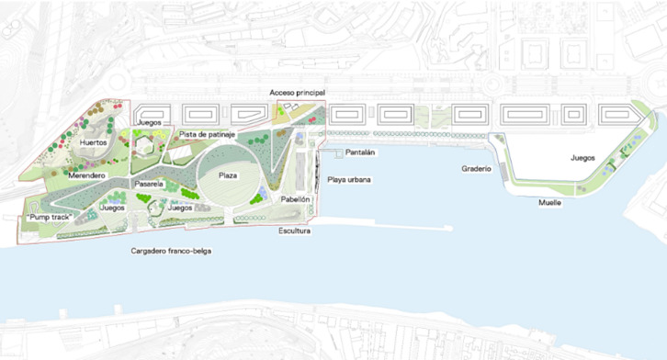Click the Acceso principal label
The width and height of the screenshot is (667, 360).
pyautogui.click(x=297, y=93)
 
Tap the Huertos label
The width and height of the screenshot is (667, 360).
pyautogui.click(x=93, y=143)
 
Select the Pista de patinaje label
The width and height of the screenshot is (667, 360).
pyautogui.click(x=208, y=135)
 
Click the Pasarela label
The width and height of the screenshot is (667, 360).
pyautogui.click(x=148, y=185)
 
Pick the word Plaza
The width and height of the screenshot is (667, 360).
pyautogui.click(x=228, y=175)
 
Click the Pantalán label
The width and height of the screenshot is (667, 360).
pyautogui.click(x=358, y=152)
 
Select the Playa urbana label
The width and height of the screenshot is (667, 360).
pyautogui.click(x=349, y=179)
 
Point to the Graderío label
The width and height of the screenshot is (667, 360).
pyautogui.click(x=476, y=169)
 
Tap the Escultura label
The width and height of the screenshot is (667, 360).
pyautogui.click(x=295, y=231)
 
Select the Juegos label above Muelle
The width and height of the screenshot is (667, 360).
pyautogui.click(x=582, y=158)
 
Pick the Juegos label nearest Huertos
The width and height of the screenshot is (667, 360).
pyautogui.click(x=149, y=122)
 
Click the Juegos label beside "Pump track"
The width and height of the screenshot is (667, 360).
pyautogui.click(x=112, y=208)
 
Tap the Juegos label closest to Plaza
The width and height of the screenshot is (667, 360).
pyautogui.click(x=180, y=208)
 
